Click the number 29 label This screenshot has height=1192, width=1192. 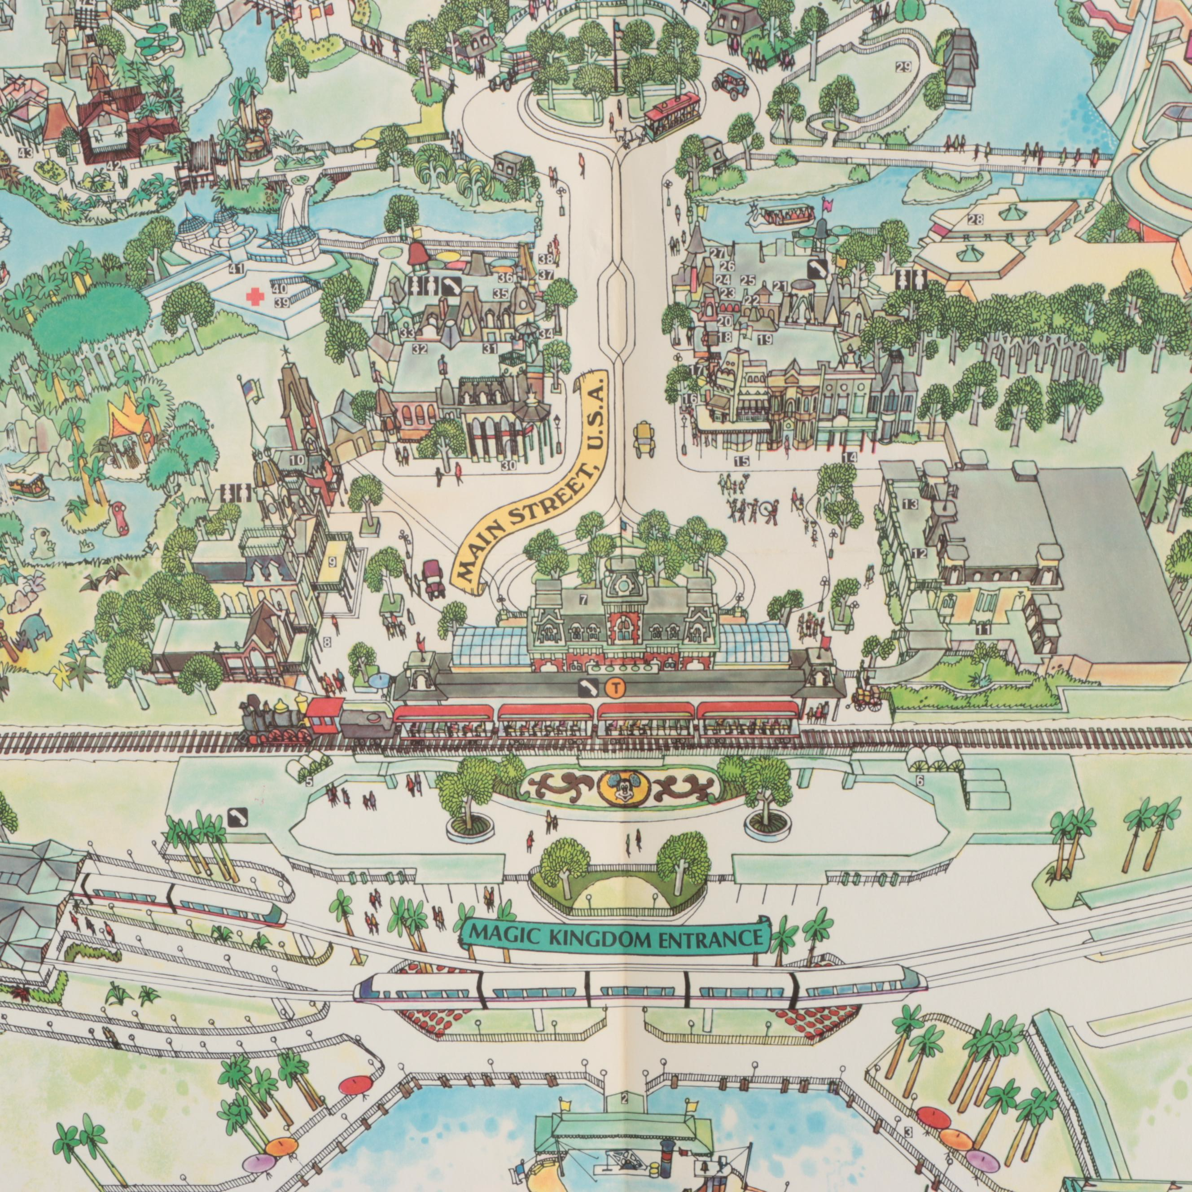click(x=903, y=68)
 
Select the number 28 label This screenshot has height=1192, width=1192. click(x=975, y=219)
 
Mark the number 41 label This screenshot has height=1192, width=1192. click(x=236, y=268)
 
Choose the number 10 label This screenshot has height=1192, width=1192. click(x=297, y=460)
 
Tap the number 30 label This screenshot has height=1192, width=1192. click(x=508, y=466)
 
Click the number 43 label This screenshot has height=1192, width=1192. click(x=25, y=153)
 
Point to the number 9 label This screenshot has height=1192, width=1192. click(x=332, y=561)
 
